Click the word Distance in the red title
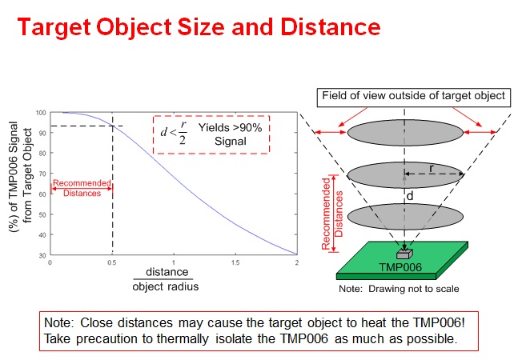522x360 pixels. [x=331, y=26]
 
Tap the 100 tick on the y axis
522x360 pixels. [x=41, y=113]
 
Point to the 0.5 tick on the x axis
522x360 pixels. [x=112, y=262]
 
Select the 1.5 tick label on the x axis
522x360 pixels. [x=235, y=262]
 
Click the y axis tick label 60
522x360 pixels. [x=42, y=194]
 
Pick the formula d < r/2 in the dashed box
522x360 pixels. [x=174, y=133]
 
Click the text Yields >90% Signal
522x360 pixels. [x=230, y=134]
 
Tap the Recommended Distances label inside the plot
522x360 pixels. [x=82, y=188]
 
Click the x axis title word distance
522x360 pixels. [x=167, y=272]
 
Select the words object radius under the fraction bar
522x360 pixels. [x=166, y=286]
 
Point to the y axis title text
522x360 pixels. [x=20, y=177]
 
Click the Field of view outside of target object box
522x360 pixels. [x=413, y=98]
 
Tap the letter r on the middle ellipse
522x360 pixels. [x=432, y=169]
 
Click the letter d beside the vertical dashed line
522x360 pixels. [x=410, y=196]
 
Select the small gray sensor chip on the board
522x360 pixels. [x=404, y=254]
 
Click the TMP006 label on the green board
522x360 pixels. [x=400, y=267]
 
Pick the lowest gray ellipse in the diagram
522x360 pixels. [x=405, y=217]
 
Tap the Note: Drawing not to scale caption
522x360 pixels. [x=399, y=289]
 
